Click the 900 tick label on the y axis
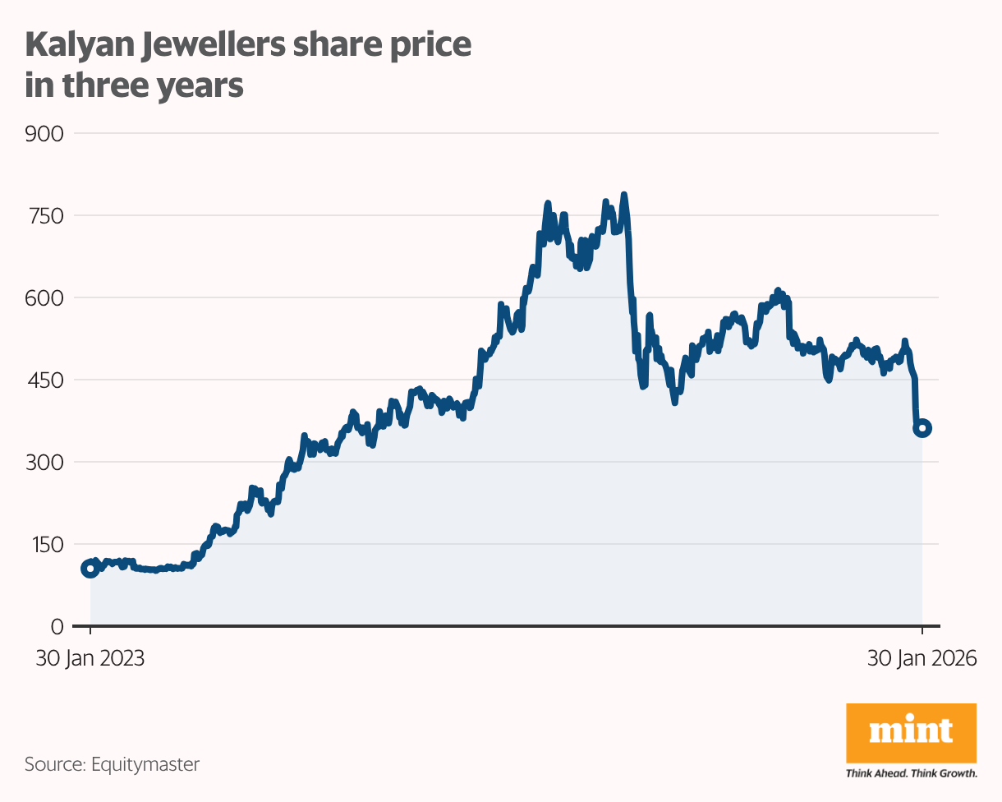click(x=44, y=133)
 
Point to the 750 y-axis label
click(x=44, y=215)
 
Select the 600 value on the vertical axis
click(x=44, y=297)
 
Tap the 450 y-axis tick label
click(x=44, y=380)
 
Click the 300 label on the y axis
click(x=44, y=462)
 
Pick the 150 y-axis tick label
click(x=44, y=544)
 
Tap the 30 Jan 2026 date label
click(x=922, y=659)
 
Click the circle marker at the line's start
click(x=90, y=569)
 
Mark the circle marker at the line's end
click(x=922, y=428)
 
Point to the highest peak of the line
click(x=624, y=196)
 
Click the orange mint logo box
click(x=911, y=731)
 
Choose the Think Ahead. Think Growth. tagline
click(x=911, y=773)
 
